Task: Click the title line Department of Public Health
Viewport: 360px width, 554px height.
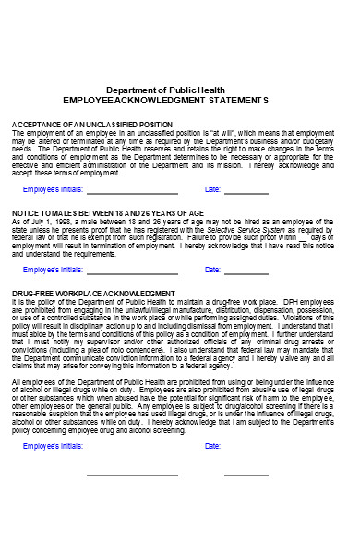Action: point(179,89)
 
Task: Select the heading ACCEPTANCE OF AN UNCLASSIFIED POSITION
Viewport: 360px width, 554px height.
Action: point(91,124)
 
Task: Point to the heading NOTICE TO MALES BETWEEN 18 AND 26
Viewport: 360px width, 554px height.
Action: point(107,212)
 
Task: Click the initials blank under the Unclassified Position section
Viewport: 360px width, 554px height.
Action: point(132,192)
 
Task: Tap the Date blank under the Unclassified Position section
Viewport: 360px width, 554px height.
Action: point(246,192)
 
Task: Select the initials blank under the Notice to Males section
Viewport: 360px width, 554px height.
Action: point(132,271)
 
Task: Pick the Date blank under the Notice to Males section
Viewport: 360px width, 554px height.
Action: point(246,271)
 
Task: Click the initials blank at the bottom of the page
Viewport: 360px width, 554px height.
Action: point(132,473)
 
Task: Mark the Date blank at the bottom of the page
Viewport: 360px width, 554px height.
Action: point(246,473)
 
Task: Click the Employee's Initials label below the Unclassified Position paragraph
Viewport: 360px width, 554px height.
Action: point(54,189)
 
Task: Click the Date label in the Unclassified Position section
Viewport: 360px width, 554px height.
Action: point(212,189)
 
